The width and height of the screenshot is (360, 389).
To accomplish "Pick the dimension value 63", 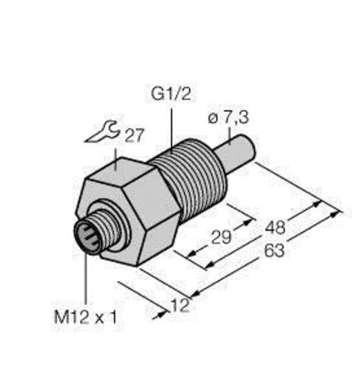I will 274,254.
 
